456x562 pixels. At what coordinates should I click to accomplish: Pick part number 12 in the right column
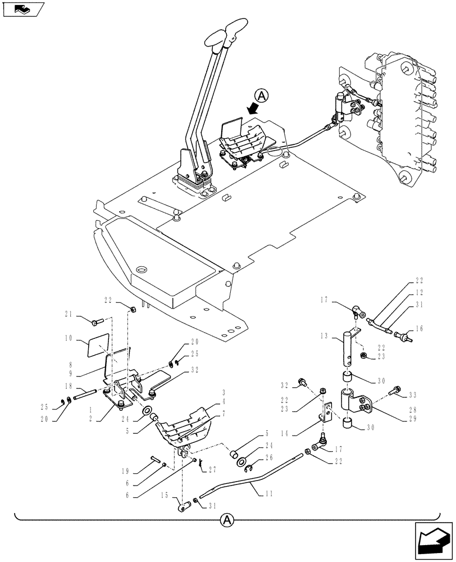coord(419,292)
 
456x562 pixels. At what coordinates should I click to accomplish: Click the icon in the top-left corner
coord(24,9)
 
